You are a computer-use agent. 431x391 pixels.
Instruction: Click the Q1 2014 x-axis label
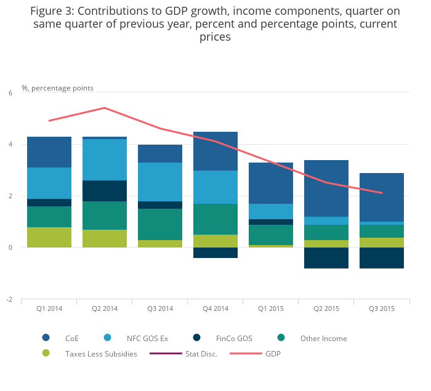[x=49, y=308]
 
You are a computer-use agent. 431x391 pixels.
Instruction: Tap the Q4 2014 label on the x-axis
[x=215, y=308]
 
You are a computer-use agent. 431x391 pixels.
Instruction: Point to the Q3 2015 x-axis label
[x=381, y=308]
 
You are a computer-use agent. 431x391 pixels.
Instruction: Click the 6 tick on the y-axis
[x=10, y=93]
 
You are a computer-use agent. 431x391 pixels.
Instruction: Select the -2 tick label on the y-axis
[x=9, y=299]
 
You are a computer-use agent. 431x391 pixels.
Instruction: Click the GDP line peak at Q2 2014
[x=105, y=108]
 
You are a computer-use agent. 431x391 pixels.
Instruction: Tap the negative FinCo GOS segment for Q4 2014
[x=216, y=252]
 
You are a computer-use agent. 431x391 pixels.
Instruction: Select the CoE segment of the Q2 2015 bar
[x=326, y=188]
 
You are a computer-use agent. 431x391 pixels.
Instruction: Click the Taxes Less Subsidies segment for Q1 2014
[x=49, y=238]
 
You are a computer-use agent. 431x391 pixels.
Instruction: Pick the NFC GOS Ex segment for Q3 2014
[x=160, y=182]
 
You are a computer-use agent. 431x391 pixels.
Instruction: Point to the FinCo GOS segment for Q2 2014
[x=105, y=191]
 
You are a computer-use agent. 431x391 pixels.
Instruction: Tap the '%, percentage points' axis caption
[x=57, y=88]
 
